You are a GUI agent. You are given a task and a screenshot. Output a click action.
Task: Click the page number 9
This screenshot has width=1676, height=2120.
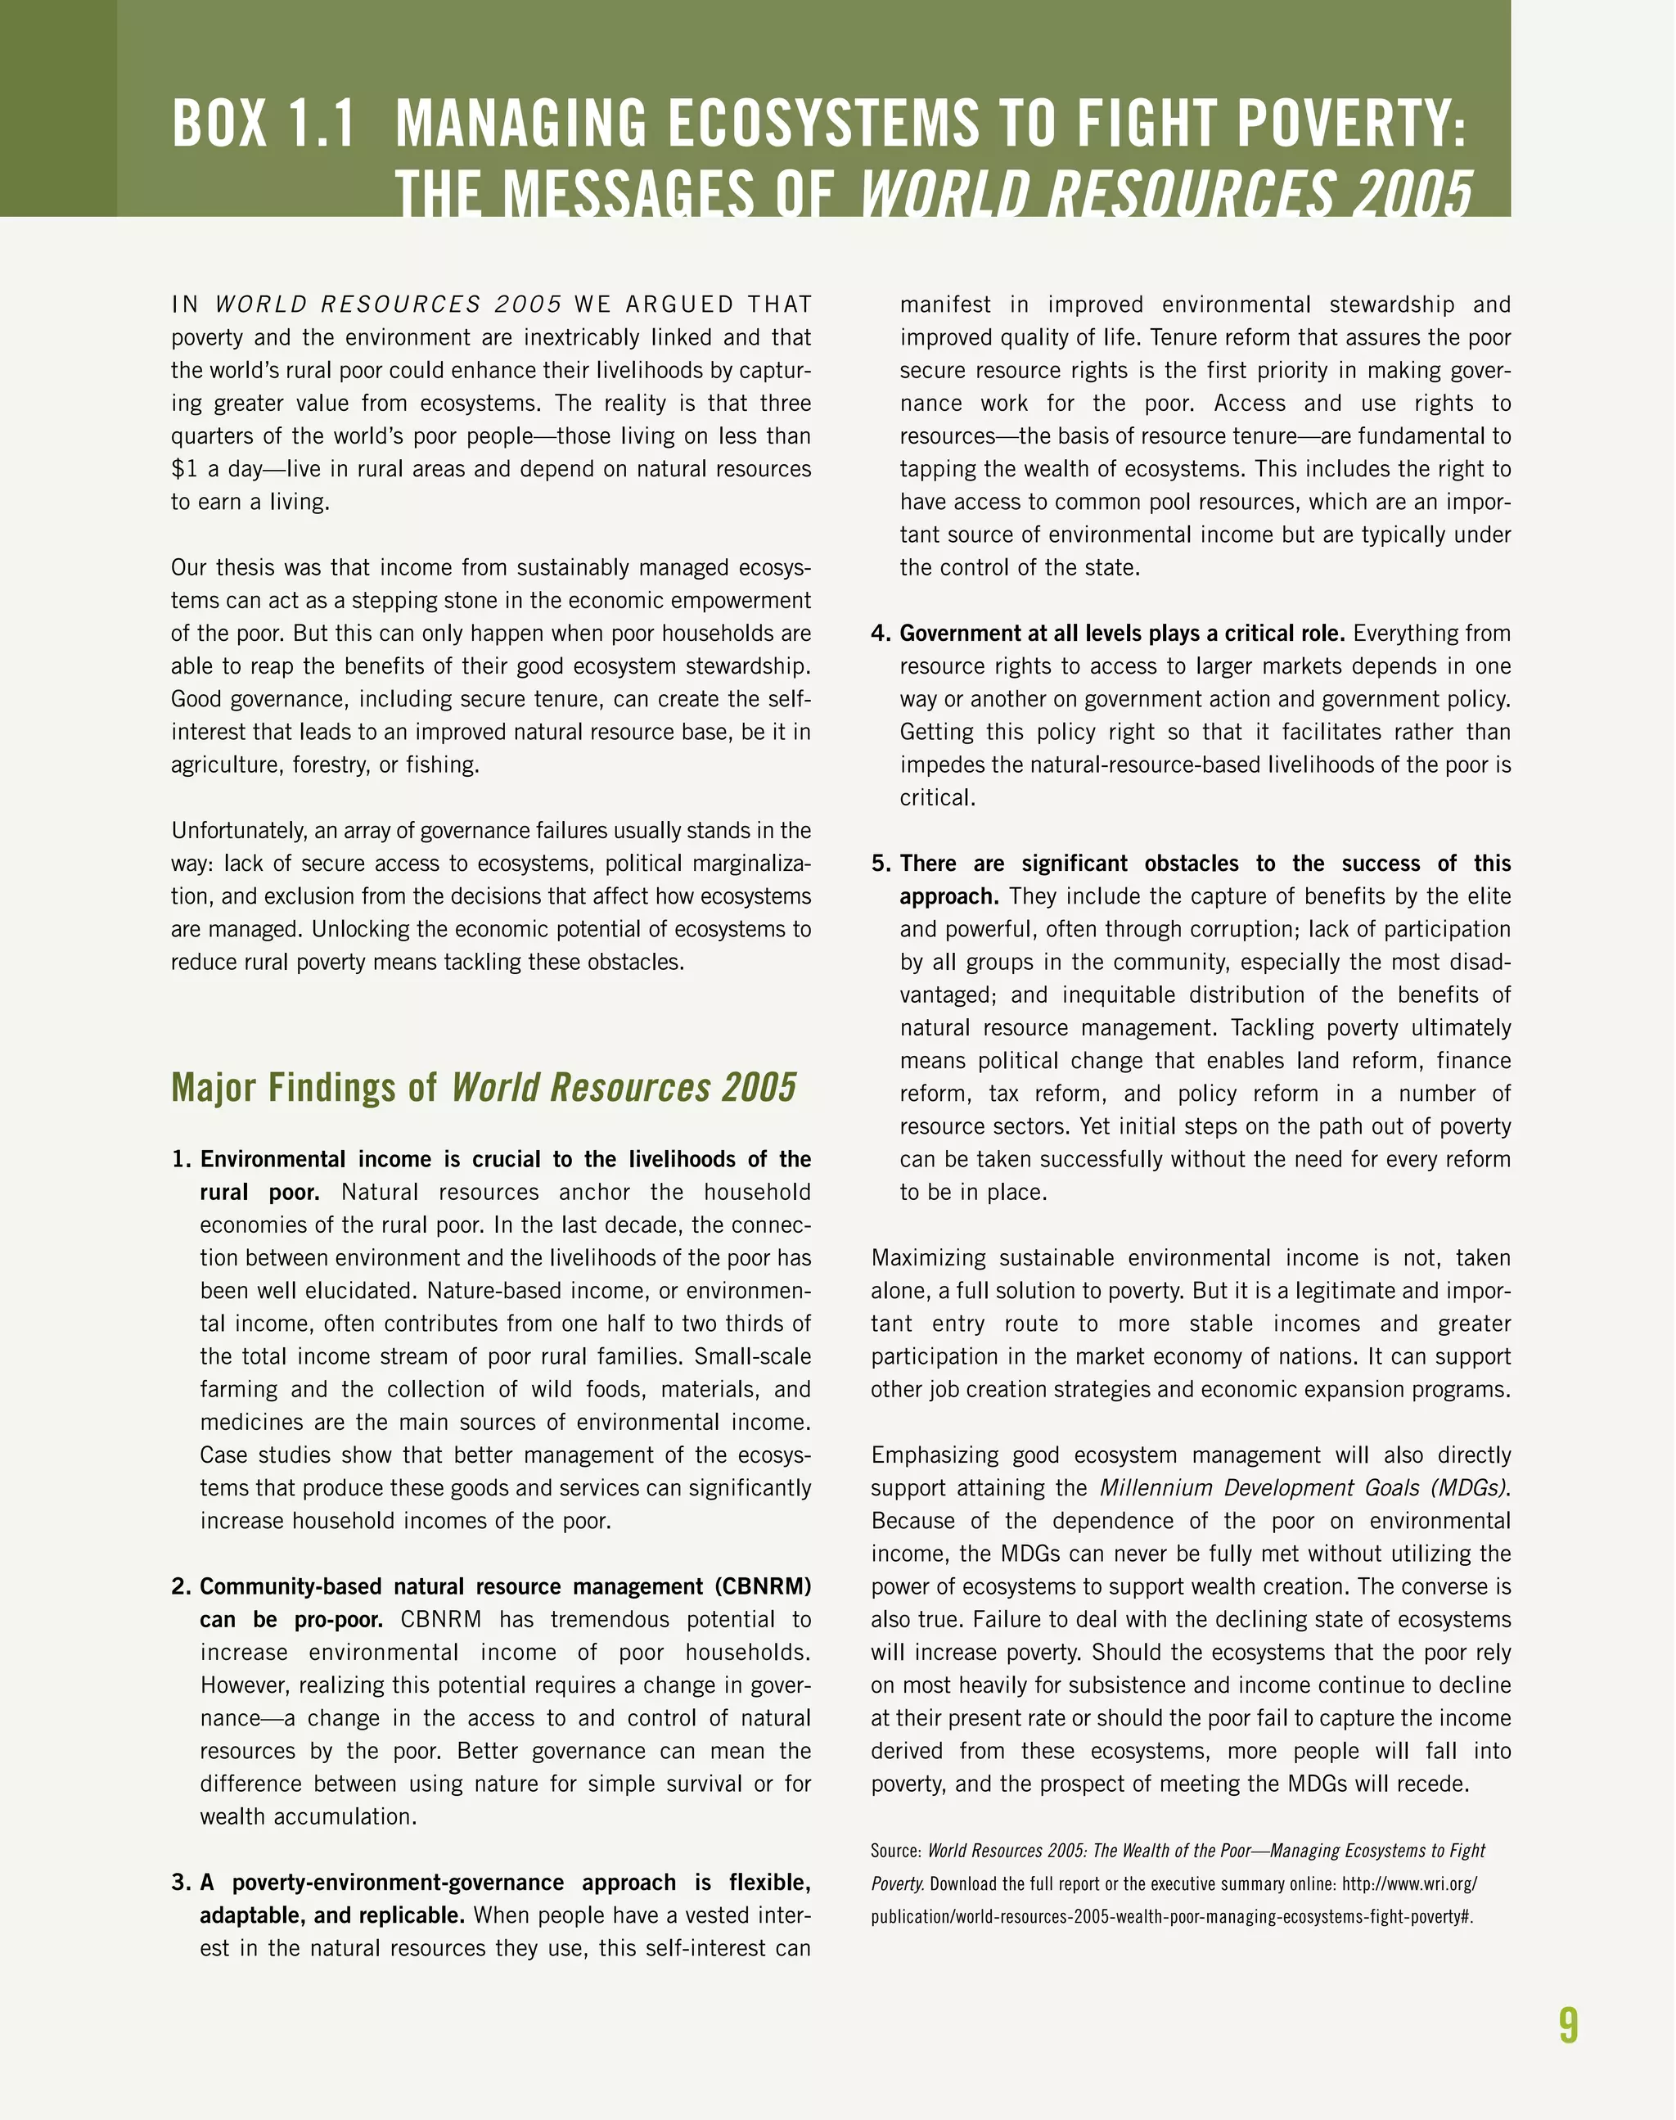pos(1568,2025)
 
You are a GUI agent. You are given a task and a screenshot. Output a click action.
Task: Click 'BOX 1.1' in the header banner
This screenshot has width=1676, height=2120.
pos(263,124)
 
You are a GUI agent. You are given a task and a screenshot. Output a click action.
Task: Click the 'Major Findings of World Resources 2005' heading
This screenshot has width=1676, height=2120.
pos(484,1088)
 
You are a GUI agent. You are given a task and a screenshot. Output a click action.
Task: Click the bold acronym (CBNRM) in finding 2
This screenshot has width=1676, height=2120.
pos(763,1587)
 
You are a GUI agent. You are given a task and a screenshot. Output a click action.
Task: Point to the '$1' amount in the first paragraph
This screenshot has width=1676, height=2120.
pos(184,469)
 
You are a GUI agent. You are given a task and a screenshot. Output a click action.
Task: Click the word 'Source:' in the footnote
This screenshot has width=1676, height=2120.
pos(896,1851)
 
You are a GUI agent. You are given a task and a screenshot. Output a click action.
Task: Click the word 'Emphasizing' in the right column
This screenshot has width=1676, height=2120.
pos(932,1455)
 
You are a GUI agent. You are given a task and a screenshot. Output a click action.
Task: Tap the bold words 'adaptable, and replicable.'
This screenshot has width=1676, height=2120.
pos(331,1916)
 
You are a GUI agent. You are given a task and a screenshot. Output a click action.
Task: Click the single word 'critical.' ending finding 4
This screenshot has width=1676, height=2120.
pos(937,798)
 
